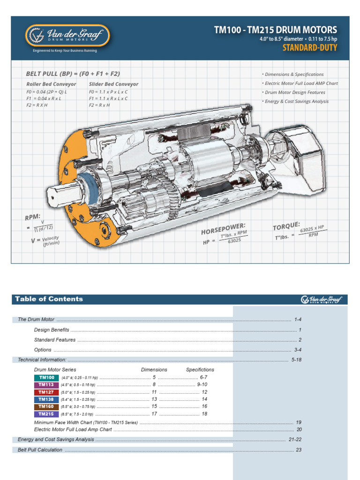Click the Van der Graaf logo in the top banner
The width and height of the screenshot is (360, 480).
(x=67, y=36)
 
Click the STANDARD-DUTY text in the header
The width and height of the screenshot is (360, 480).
(x=309, y=48)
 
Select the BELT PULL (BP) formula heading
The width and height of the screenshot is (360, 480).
(x=73, y=74)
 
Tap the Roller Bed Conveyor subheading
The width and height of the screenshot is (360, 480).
(x=51, y=84)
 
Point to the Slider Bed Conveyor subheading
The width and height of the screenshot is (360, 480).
(x=113, y=84)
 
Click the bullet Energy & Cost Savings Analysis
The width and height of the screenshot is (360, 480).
(x=296, y=101)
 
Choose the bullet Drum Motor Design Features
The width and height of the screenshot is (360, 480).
(x=295, y=92)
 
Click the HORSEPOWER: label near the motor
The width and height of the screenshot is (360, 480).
(x=223, y=229)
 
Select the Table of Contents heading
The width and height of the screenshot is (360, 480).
(x=49, y=299)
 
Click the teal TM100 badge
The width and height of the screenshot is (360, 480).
(x=46, y=377)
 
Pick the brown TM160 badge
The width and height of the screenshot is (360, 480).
(x=46, y=406)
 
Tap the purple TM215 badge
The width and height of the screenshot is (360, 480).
(x=46, y=414)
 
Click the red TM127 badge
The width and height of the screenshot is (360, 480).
(x=46, y=392)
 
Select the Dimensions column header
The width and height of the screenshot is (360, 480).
(x=154, y=370)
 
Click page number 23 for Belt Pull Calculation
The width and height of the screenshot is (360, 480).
(x=298, y=450)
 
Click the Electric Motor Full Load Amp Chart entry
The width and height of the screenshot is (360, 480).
(x=73, y=429)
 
